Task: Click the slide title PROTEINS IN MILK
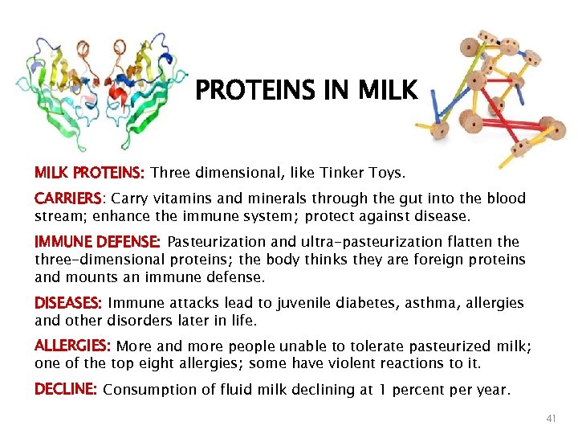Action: coord(307,90)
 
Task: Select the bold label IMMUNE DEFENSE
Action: coord(97,242)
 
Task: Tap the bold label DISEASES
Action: coord(67,303)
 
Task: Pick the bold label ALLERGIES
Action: coord(72,346)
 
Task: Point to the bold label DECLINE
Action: coord(65,390)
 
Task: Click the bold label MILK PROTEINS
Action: coord(89,172)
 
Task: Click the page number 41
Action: coord(551,419)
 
